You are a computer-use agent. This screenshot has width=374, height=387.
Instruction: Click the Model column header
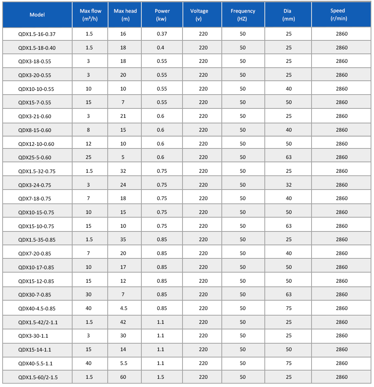[x=37, y=15]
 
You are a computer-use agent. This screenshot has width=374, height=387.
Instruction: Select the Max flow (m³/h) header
[x=90, y=15]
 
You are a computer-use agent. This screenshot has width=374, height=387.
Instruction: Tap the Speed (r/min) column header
[x=341, y=15]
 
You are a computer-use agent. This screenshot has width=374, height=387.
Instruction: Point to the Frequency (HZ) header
[x=243, y=15]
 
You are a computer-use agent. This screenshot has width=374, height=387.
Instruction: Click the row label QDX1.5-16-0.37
[x=34, y=34]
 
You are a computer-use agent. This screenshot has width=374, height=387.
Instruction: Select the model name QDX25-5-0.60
[x=35, y=157]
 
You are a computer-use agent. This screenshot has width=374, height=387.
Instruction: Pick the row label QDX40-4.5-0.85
[x=36, y=308]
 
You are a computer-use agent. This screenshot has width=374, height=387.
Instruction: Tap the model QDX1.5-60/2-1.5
[x=38, y=377]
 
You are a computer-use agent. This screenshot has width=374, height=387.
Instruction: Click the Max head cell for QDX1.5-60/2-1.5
[x=123, y=377]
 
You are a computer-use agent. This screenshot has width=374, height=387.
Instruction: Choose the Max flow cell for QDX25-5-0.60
[x=88, y=157]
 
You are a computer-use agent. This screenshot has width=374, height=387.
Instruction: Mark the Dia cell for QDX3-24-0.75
[x=288, y=185]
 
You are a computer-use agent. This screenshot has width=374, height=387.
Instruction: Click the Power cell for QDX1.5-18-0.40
[x=160, y=47]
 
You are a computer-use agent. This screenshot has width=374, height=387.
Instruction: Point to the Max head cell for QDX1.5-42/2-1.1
[x=123, y=322]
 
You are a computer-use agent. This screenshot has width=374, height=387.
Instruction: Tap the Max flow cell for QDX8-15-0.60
[x=88, y=130]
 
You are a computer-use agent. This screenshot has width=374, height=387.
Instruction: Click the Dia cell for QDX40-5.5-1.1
[x=288, y=363]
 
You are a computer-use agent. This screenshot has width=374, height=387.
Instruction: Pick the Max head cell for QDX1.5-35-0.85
[x=123, y=239]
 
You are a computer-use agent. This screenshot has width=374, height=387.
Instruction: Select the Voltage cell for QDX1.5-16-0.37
[x=203, y=34]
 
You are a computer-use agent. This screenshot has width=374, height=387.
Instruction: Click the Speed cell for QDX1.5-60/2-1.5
[x=341, y=377]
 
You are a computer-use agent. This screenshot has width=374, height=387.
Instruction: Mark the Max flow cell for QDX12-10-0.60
[x=88, y=144]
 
